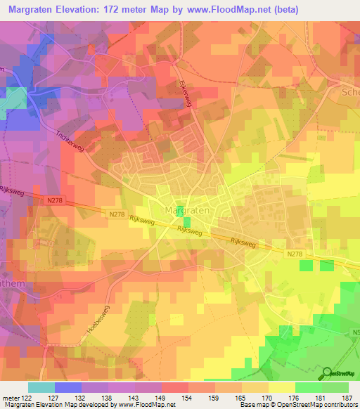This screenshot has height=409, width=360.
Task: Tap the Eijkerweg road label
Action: (x=186, y=92)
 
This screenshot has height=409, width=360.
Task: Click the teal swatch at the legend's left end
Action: (x=41, y=387)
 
